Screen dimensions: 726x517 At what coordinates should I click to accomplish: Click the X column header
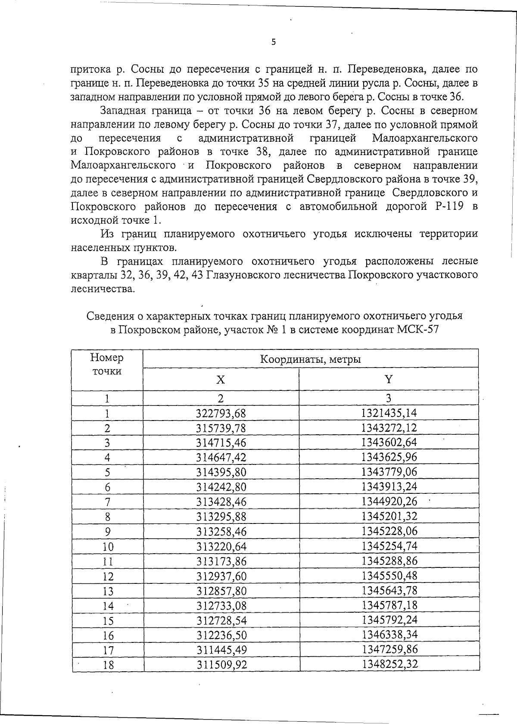(221, 380)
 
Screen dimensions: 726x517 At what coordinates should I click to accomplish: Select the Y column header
(389, 379)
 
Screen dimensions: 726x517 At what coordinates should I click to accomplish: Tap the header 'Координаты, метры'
(310, 359)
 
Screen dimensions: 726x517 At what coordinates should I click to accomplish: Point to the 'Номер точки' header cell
(107, 365)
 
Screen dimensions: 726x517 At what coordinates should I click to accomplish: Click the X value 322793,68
(221, 414)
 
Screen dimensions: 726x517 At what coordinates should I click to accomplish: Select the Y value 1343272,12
(389, 428)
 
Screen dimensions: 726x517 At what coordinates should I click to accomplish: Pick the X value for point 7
(221, 502)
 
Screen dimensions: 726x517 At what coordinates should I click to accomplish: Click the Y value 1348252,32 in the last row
(389, 664)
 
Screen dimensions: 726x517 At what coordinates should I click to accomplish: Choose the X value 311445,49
(221, 649)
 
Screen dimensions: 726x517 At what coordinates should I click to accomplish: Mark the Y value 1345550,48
(389, 576)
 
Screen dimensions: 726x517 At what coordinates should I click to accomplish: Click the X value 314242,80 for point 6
(221, 487)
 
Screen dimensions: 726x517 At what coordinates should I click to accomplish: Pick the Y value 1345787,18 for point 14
(389, 605)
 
